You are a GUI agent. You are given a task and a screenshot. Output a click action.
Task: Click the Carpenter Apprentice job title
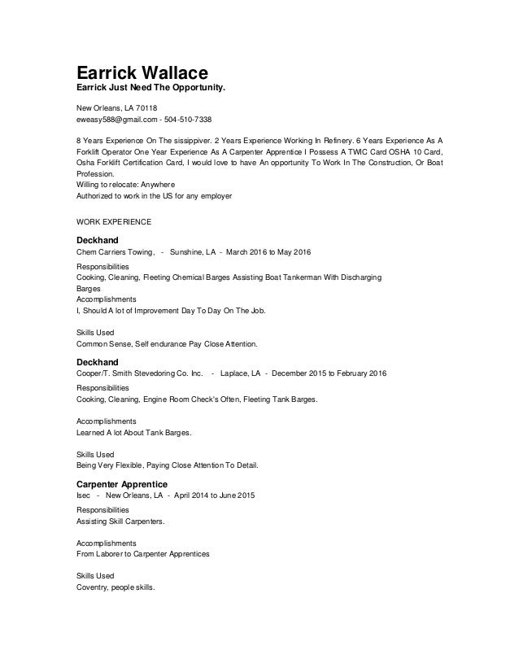tap(122, 483)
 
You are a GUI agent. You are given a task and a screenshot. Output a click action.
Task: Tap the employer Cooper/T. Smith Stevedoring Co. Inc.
tap(138, 373)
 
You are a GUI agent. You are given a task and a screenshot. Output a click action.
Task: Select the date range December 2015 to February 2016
tap(329, 373)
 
